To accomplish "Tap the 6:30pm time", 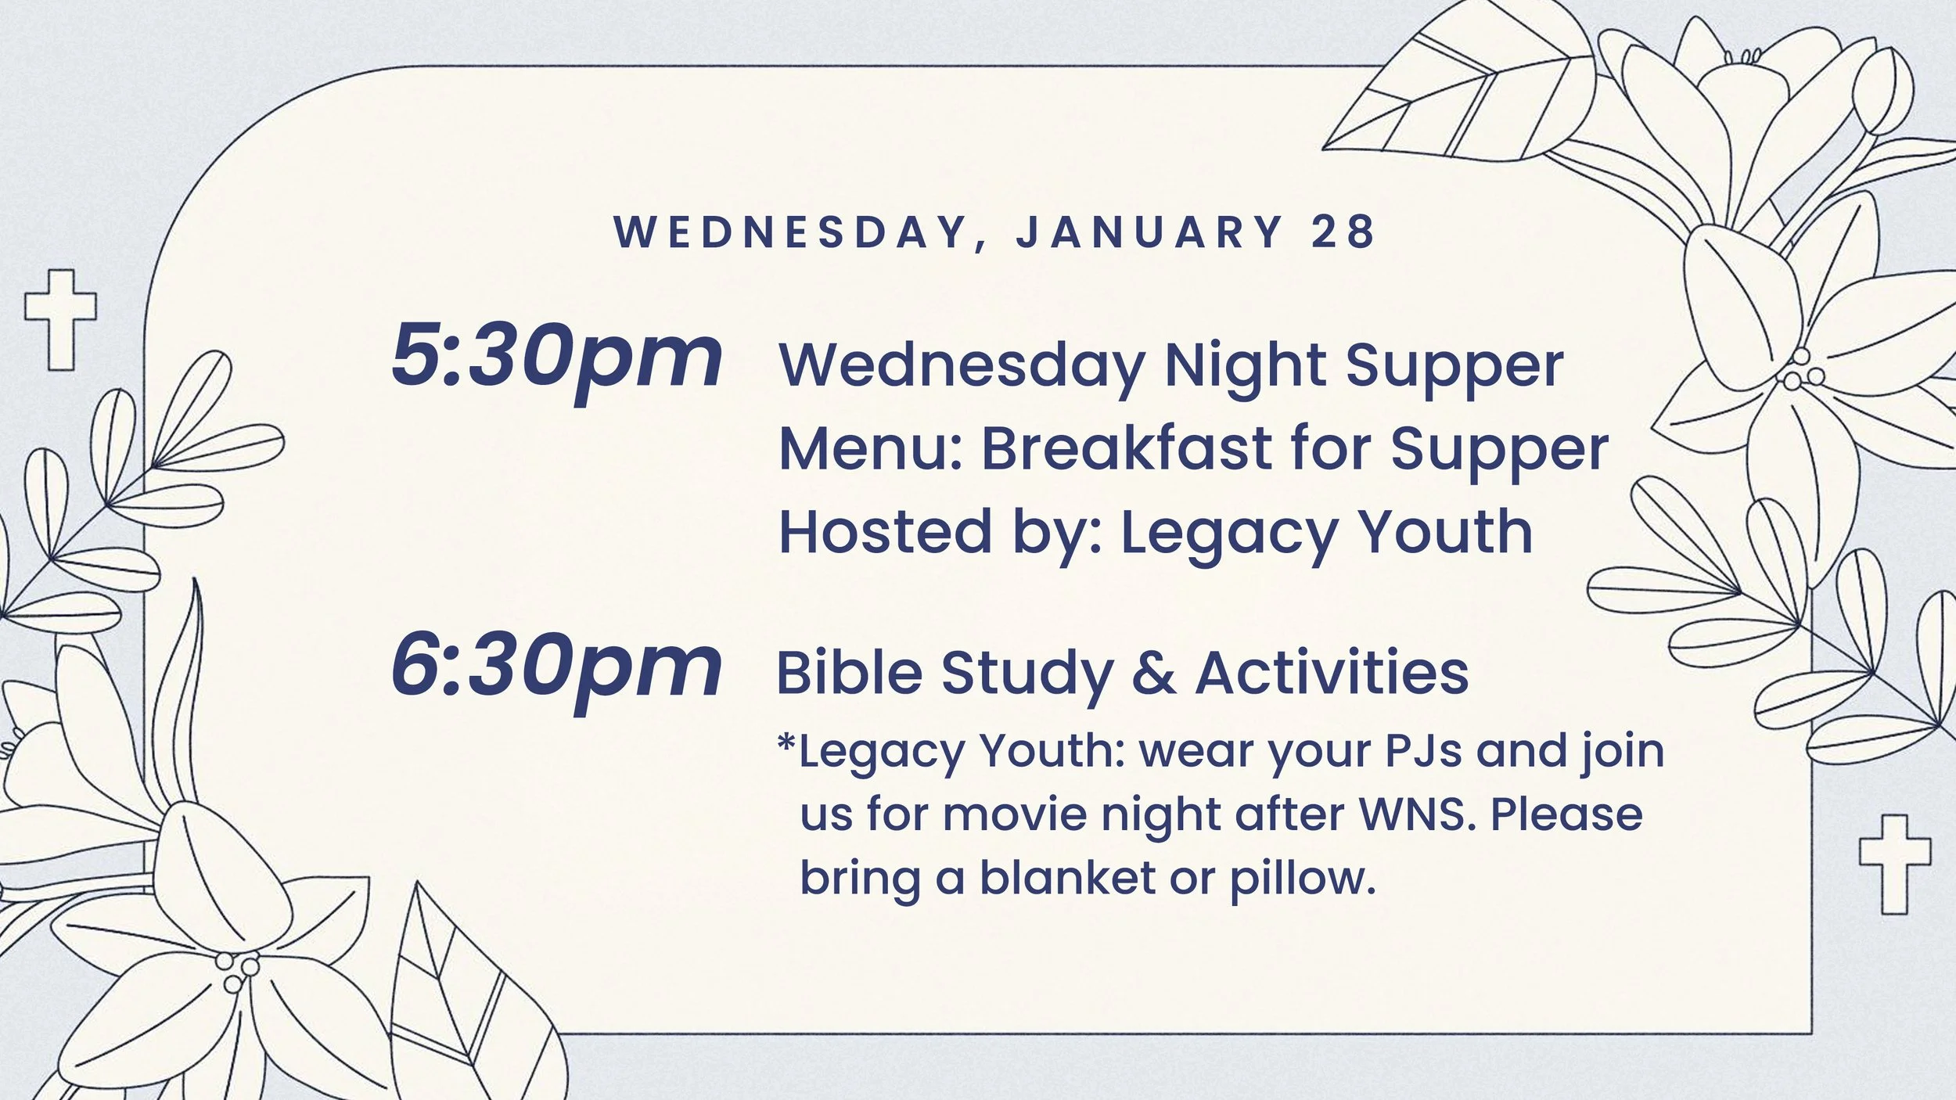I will pos(556,667).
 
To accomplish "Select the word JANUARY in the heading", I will pos(1149,232).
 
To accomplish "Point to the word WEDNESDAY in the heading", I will pos(790,232).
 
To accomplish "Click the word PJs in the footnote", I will pos(1423,751).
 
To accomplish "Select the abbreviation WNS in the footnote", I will pos(1417,814).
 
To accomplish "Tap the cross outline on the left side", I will pos(61,318).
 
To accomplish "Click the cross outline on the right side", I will pos(1894,863).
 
